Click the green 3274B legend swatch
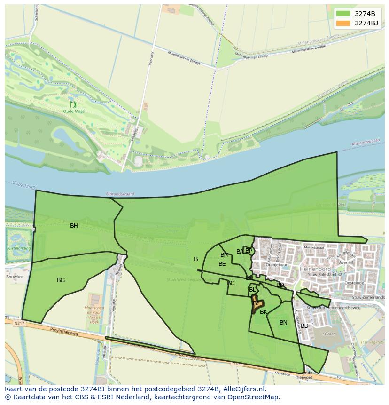pyautogui.click(x=343, y=14)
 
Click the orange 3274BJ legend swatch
pyautogui.click(x=343, y=23)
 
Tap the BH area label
pyautogui.click(x=74, y=226)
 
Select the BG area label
pyautogui.click(x=61, y=280)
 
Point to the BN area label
pyautogui.click(x=283, y=323)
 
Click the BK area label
pyautogui.click(x=264, y=312)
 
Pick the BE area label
pyautogui.click(x=222, y=264)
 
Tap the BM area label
pyautogui.click(x=225, y=255)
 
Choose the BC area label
pyautogui.click(x=231, y=283)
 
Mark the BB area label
pyautogui.click(x=304, y=326)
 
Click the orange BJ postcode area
pyautogui.click(x=256, y=303)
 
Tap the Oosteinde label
pyautogui.click(x=354, y=283)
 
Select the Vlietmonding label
pyautogui.click(x=19, y=248)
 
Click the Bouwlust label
pyautogui.click(x=15, y=277)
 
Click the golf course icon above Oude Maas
pyautogui.click(x=73, y=104)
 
